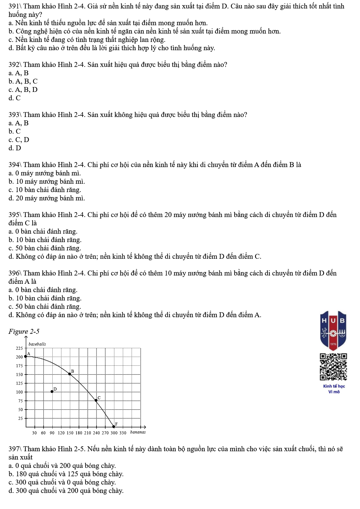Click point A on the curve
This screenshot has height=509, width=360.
[26, 356]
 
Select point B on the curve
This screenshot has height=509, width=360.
[70, 374]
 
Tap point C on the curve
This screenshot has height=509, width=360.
[96, 400]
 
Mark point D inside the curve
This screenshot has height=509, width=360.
[52, 391]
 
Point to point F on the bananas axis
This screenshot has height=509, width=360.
[114, 426]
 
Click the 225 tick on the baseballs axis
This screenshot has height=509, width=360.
[19, 348]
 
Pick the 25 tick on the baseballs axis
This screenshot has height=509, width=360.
[21, 418]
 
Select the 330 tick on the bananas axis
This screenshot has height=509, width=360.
[123, 433]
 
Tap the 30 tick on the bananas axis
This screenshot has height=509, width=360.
[34, 433]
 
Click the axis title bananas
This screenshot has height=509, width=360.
[138, 432]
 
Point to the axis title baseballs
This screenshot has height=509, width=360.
[37, 344]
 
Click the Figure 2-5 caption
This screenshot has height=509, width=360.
[24, 332]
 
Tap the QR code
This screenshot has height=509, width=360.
[333, 367]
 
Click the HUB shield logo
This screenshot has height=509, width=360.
[333, 330]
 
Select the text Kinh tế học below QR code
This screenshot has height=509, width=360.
[334, 386]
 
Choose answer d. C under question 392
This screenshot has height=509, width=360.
[15, 98]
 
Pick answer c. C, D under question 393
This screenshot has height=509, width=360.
[19, 140]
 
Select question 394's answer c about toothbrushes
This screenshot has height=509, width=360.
[45, 190]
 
